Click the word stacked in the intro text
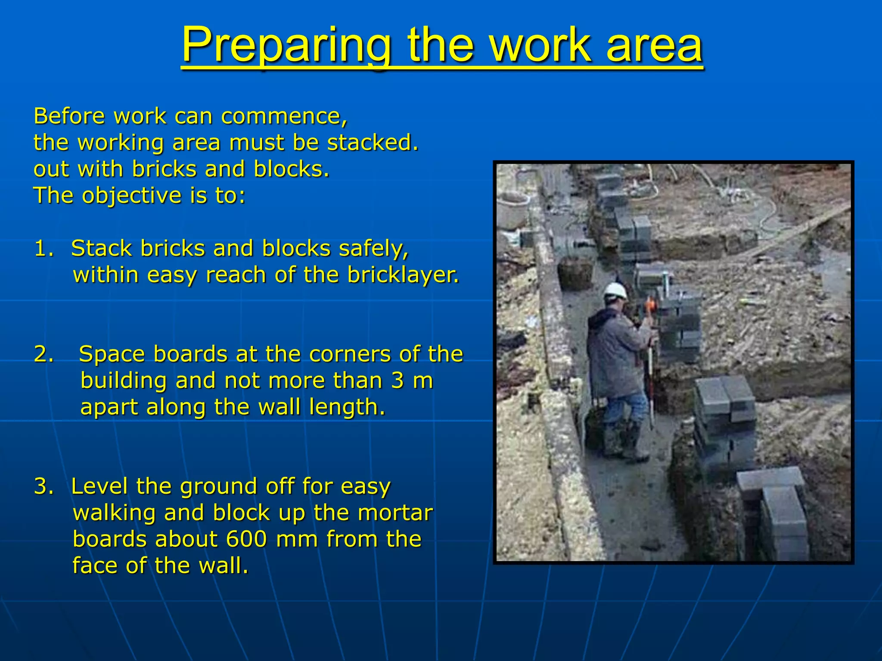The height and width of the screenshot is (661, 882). coord(372,143)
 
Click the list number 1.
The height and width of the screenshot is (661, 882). coord(43,249)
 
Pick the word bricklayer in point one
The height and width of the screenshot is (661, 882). coord(403,275)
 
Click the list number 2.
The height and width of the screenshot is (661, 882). coord(43,354)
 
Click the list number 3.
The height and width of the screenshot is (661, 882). coord(43,486)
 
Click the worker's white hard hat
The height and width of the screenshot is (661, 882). coord(615,291)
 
